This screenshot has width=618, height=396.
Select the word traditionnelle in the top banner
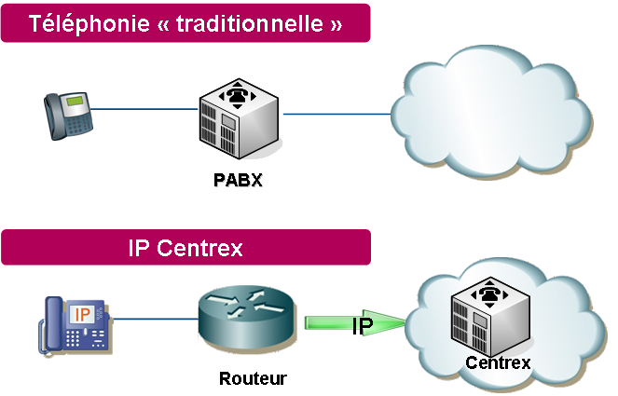(x=238, y=24)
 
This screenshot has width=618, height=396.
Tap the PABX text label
(x=238, y=180)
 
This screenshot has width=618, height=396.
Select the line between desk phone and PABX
(x=144, y=110)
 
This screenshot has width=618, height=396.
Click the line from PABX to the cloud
(x=336, y=115)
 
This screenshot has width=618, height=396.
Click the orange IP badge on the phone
(x=82, y=312)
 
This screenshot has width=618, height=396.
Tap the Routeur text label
(x=253, y=378)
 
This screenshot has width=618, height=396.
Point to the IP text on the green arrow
(x=363, y=325)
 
